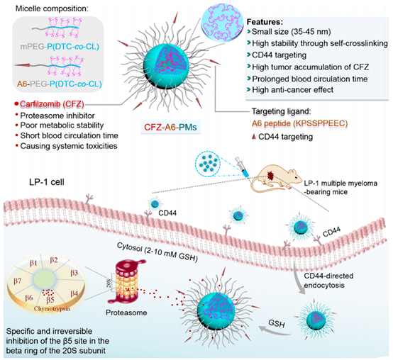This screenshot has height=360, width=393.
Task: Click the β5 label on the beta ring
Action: tap(50, 300)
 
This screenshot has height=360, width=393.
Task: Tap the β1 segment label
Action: tap(33, 263)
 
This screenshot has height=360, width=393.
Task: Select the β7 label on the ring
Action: tap(17, 281)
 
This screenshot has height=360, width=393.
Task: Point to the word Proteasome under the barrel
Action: tap(126, 313)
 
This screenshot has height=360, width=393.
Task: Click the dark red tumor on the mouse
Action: tap(270, 175)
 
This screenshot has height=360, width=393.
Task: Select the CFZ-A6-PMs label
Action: tap(170, 127)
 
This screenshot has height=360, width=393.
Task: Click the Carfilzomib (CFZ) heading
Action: tap(52, 103)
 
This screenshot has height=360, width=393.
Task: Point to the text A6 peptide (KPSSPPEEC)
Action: tap(300, 123)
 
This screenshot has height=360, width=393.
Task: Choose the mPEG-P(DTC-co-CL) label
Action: tap(60, 47)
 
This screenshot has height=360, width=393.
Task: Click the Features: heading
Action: tap(265, 22)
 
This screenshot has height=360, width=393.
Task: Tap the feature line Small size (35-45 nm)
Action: tap(292, 32)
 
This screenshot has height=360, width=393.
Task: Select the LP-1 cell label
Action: tap(47, 182)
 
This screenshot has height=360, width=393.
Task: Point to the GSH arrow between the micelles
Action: tap(275, 330)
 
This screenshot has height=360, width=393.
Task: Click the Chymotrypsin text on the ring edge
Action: tap(52, 308)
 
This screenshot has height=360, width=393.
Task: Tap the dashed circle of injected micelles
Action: tap(208, 164)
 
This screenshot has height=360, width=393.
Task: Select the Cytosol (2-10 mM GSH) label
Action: tap(157, 252)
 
